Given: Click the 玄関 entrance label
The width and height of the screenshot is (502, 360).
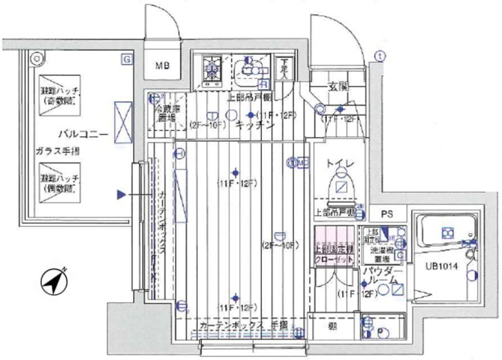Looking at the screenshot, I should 338,86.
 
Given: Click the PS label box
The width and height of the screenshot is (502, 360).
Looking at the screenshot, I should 386,214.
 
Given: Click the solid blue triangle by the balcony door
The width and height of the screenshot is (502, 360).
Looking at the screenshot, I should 121,195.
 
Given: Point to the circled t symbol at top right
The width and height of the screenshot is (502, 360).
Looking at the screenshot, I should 380,55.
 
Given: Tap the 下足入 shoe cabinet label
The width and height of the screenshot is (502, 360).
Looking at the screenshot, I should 282,68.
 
